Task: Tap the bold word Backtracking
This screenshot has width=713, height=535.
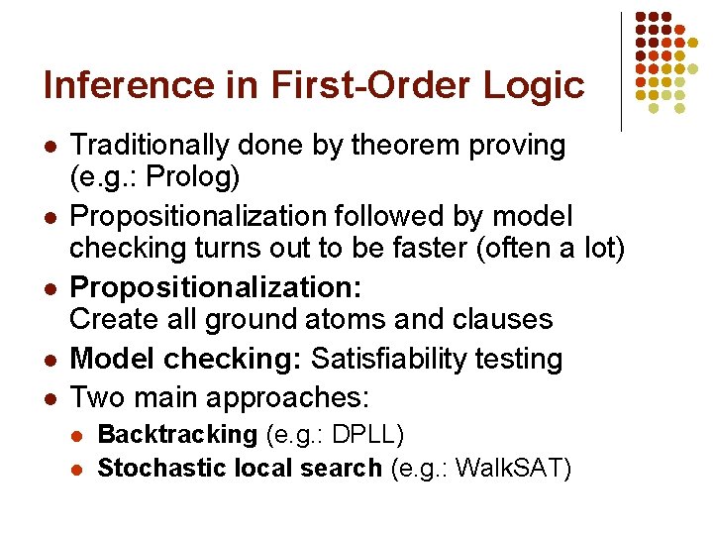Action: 177,434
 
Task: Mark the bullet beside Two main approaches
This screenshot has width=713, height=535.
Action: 51,400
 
